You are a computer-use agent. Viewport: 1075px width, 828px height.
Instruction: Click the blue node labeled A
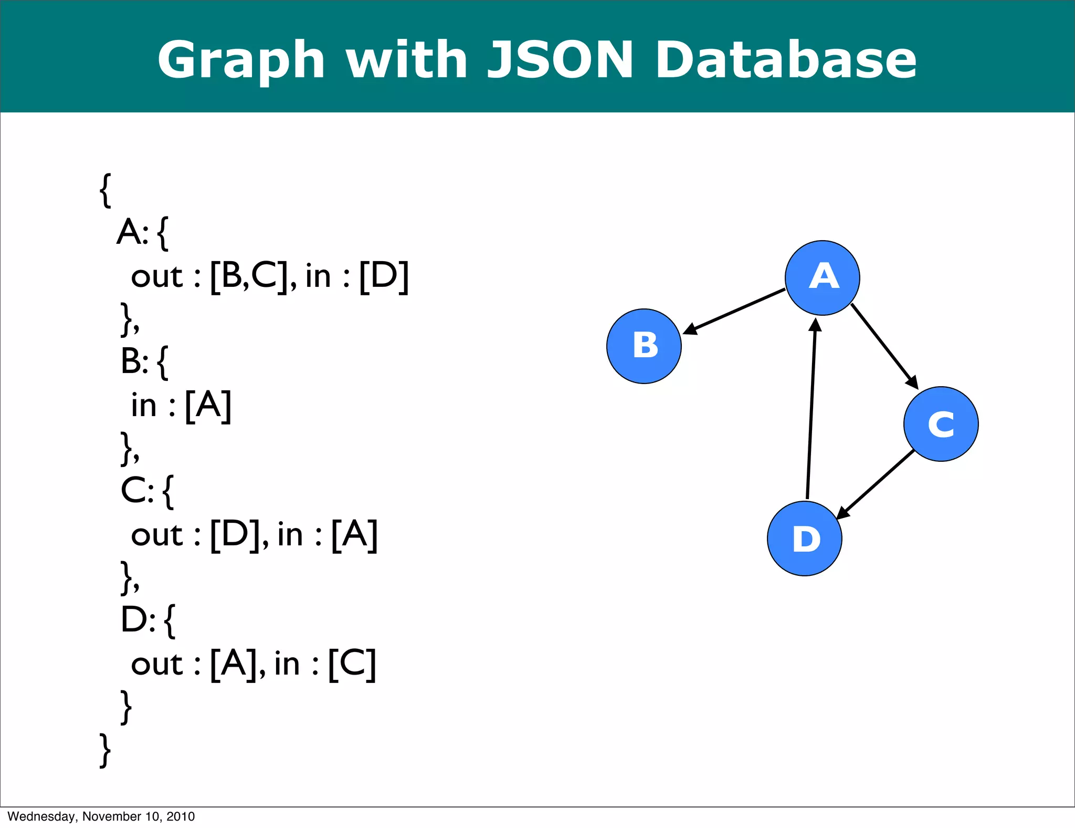[x=822, y=277]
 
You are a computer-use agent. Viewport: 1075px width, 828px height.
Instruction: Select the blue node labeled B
[x=644, y=346]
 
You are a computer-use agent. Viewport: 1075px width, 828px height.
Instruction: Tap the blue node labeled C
[x=941, y=424]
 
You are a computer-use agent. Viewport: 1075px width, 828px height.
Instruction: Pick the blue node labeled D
[x=804, y=539]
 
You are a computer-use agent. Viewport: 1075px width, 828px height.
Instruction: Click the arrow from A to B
[x=735, y=311]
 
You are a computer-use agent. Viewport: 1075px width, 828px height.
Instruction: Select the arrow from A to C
[x=884, y=346]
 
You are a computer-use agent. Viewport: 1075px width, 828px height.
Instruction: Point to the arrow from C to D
[x=876, y=484]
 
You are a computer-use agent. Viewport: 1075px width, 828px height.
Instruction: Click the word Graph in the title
[x=241, y=60]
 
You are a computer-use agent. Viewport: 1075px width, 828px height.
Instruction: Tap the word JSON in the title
[x=561, y=60]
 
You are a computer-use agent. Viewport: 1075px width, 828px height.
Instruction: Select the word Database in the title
[x=786, y=60]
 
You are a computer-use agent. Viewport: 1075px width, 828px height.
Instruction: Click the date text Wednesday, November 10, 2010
[x=101, y=816]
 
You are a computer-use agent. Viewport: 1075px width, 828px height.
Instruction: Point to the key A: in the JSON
[x=132, y=232]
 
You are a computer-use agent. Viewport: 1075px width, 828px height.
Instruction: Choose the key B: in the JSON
[x=134, y=361]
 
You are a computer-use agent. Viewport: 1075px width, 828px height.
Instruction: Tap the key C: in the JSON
[x=136, y=490]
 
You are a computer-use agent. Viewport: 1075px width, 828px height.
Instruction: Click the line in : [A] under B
[x=181, y=405]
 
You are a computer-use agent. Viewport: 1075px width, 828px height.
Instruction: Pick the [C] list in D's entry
[x=352, y=664]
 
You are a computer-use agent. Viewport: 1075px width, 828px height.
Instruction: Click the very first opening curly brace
[x=105, y=190]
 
